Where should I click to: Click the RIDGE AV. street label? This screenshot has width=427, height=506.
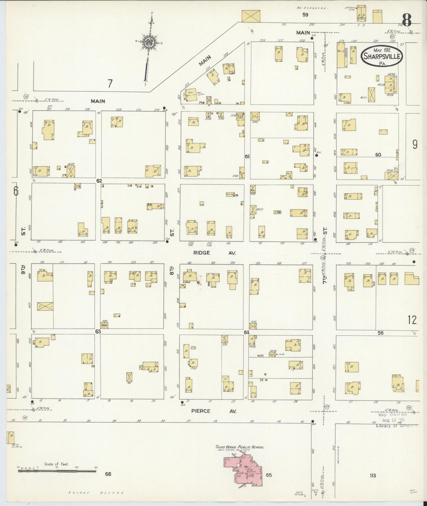(x=215, y=253)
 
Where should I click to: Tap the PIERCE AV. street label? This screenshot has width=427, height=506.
(x=214, y=411)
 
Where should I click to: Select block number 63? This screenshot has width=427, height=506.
(x=98, y=332)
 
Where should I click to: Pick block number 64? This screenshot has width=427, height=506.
(x=247, y=332)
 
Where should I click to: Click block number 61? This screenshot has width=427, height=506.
(x=247, y=156)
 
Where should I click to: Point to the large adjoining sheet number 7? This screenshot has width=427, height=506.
(x=110, y=84)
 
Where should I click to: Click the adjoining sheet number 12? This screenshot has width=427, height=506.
(x=412, y=320)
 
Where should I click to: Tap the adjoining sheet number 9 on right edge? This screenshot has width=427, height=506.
(x=415, y=144)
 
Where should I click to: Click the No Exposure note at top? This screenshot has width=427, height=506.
(x=312, y=8)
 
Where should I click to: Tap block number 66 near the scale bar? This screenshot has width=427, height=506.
(x=108, y=474)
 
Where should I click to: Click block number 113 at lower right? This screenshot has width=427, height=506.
(x=373, y=475)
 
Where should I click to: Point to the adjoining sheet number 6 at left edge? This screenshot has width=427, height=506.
(x=15, y=191)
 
